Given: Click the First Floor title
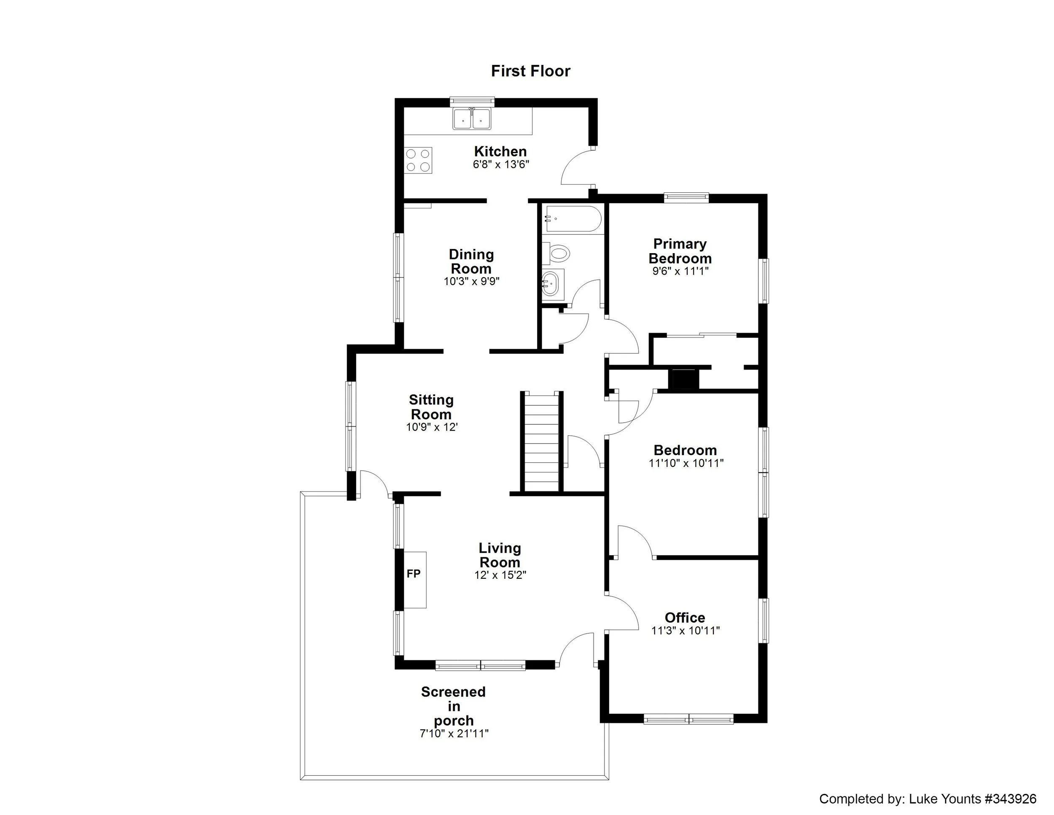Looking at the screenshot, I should click(x=530, y=71).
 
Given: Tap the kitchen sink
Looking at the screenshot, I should click(x=471, y=119).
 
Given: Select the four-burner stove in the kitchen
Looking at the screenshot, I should click(x=418, y=160).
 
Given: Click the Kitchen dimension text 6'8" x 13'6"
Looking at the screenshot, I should click(x=500, y=165).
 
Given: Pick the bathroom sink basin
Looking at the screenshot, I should click(x=551, y=283).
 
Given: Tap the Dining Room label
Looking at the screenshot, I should click(x=471, y=261).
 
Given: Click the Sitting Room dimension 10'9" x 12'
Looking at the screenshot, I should click(x=431, y=427).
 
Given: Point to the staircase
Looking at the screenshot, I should click(x=541, y=442).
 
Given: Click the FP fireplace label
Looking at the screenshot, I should click(x=414, y=574).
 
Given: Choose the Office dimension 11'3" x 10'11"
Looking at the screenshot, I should click(x=685, y=631).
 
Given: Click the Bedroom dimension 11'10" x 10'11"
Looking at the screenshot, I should click(x=686, y=464).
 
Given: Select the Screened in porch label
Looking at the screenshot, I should click(x=453, y=706).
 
